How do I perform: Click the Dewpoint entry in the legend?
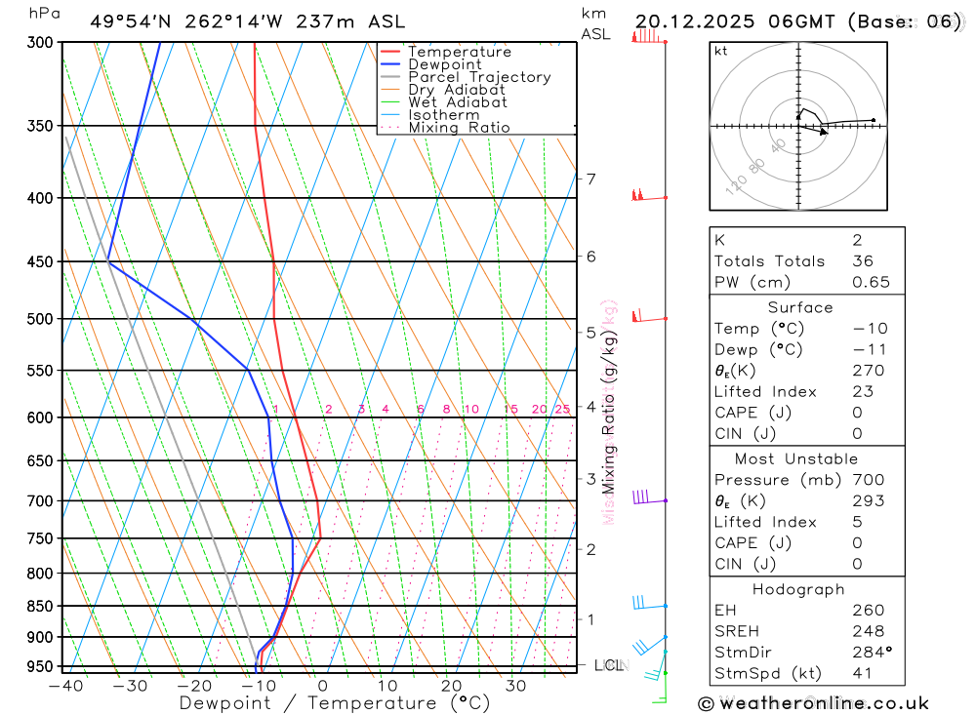(x=444, y=64)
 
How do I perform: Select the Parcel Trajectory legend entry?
(x=479, y=77)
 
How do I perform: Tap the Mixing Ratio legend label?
(x=459, y=128)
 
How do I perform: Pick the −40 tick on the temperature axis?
(x=64, y=686)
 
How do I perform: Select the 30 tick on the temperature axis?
(x=516, y=686)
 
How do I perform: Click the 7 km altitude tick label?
(x=591, y=179)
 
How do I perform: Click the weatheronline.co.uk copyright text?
(x=813, y=702)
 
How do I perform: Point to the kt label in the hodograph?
(x=721, y=51)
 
